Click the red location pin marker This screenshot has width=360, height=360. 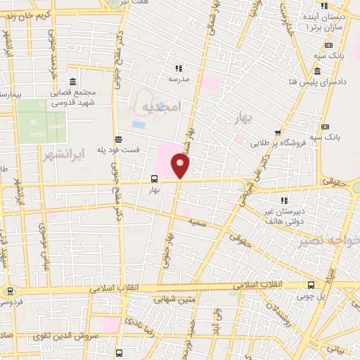[x=181, y=166]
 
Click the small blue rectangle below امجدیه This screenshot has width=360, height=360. [x=139, y=125]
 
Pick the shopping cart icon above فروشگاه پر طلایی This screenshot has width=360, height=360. [x=278, y=132]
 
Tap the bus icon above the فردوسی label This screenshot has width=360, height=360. [x=10, y=290]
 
